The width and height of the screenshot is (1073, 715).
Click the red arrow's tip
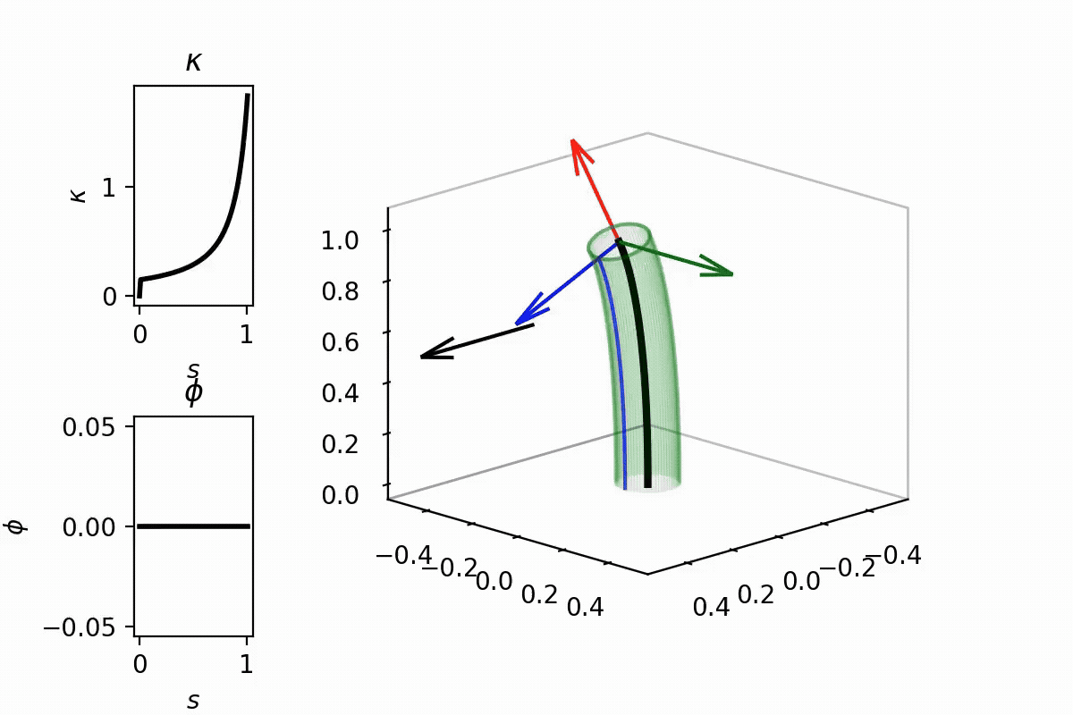[574, 141]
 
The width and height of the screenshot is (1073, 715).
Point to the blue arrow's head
[519, 322]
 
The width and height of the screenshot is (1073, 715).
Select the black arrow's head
[425, 357]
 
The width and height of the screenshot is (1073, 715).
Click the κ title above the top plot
[193, 62]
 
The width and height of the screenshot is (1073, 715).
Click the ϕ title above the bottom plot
[193, 393]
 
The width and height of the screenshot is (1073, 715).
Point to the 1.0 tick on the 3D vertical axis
[340, 240]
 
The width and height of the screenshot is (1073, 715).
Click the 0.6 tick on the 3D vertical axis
[340, 342]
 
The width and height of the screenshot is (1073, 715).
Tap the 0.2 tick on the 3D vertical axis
[340, 443]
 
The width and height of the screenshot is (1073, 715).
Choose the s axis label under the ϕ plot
[193, 701]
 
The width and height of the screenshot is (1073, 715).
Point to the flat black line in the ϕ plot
[193, 526]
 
